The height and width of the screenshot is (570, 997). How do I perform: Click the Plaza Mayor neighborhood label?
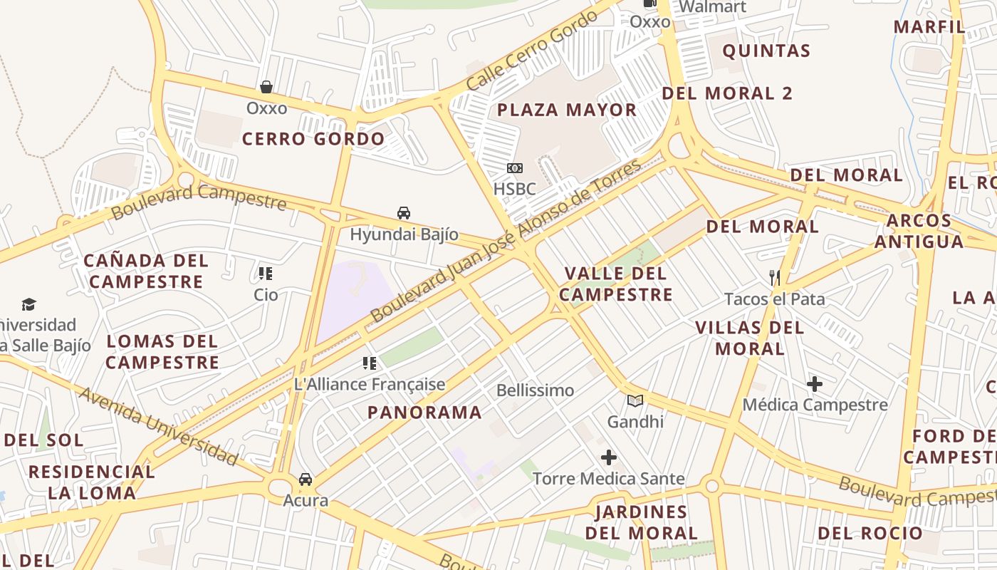click(x=567, y=110)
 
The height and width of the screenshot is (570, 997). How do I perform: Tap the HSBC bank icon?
click(x=514, y=168)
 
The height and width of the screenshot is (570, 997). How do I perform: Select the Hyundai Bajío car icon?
click(x=404, y=213)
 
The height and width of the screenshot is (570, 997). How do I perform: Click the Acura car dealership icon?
click(x=306, y=480)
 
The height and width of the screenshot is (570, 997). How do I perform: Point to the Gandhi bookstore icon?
click(x=635, y=400)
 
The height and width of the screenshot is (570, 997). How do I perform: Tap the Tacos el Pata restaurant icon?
click(x=775, y=277)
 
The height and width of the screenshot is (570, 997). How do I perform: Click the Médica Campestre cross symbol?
click(x=815, y=384)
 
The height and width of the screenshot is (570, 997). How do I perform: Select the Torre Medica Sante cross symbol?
click(x=608, y=457)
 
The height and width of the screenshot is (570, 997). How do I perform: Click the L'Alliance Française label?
click(x=370, y=385)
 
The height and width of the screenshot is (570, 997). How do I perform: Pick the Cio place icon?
click(x=266, y=274)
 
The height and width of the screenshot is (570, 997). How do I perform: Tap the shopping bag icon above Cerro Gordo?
click(x=266, y=87)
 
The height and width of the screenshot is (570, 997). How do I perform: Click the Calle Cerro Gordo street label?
click(x=531, y=51)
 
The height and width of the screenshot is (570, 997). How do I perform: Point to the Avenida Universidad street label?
click(x=158, y=426)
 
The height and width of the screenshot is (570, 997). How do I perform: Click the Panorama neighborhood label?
click(x=424, y=412)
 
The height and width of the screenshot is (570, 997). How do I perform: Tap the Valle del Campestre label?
click(x=616, y=284)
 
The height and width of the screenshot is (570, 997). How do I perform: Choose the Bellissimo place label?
click(x=535, y=390)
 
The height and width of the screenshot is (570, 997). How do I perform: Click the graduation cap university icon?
click(x=28, y=305)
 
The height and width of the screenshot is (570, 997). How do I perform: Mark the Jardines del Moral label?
click(x=642, y=522)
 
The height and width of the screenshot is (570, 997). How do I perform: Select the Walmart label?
click(x=712, y=7)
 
